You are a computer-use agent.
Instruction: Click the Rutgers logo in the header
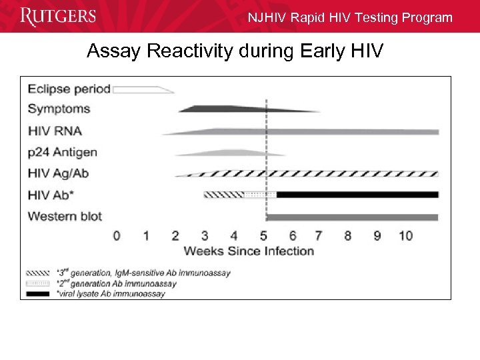coord(58,16)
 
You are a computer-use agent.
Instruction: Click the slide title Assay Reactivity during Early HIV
coord(235,51)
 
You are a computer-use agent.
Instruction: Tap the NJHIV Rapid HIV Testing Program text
coord(349,18)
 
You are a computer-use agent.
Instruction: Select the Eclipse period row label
coord(69,89)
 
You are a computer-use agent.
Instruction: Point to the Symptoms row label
coord(59,109)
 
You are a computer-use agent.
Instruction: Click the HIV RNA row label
coord(55,131)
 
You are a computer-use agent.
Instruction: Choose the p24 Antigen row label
coord(62,152)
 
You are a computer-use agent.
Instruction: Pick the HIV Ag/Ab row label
coord(58,173)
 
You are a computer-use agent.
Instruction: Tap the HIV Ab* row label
coord(51,195)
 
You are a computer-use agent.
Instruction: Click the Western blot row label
coord(65,216)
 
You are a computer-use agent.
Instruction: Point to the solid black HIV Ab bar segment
coord(357,195)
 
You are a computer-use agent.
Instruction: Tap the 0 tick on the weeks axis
coord(117,235)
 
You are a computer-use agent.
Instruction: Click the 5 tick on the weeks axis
coord(263,235)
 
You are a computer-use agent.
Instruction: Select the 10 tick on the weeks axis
coord(405,235)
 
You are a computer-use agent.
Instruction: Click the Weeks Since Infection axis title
coord(249,251)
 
